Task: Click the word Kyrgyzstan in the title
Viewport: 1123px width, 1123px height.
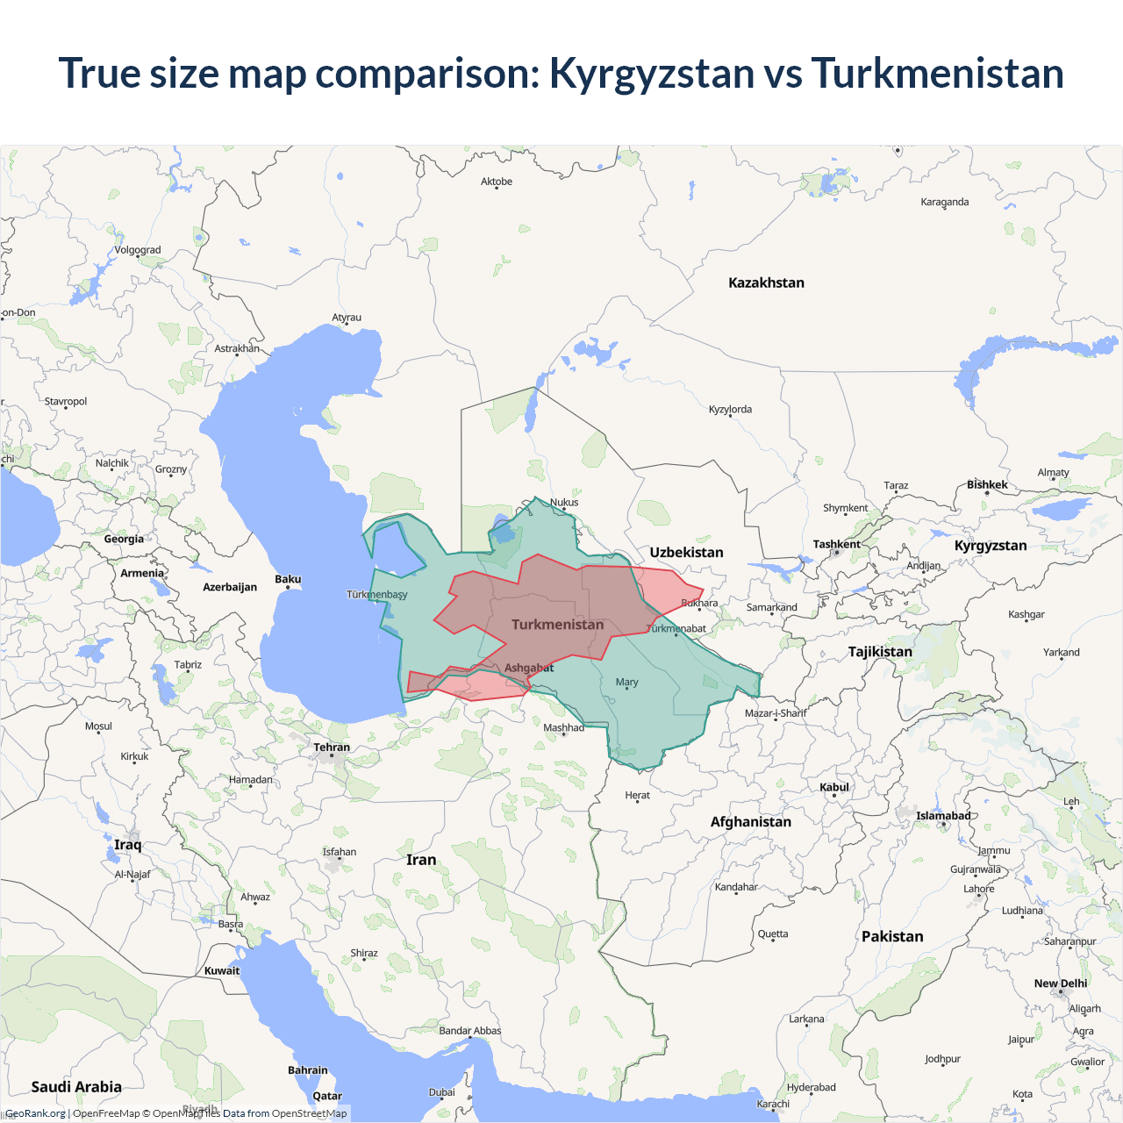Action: click(x=651, y=74)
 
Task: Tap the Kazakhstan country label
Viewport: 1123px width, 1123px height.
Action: click(x=766, y=283)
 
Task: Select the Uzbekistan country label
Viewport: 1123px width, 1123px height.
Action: click(x=686, y=552)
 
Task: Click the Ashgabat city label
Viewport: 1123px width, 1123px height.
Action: click(x=529, y=668)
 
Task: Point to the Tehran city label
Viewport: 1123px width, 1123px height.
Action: click(x=332, y=747)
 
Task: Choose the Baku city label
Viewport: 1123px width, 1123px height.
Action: click(x=288, y=579)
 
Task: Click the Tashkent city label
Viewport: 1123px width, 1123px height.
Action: click(x=836, y=544)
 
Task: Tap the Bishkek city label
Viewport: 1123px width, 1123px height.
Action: click(x=987, y=484)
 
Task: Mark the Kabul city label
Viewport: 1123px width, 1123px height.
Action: click(x=834, y=787)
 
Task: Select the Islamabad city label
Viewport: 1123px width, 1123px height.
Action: click(x=943, y=816)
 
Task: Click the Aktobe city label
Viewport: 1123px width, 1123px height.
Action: click(x=497, y=182)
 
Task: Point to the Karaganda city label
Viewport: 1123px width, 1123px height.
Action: click(x=945, y=202)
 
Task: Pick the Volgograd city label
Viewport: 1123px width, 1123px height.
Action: click(x=138, y=250)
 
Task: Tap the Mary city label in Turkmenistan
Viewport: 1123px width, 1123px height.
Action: click(x=626, y=682)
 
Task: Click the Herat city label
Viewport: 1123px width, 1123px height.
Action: click(x=638, y=795)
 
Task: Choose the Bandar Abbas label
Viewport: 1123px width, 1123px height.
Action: click(x=470, y=1031)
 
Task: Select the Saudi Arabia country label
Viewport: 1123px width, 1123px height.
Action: click(x=76, y=1087)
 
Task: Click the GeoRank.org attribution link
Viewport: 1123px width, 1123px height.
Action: click(x=35, y=1113)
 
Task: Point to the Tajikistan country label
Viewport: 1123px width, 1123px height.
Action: click(x=880, y=652)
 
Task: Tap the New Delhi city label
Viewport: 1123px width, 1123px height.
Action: click(x=1061, y=984)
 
